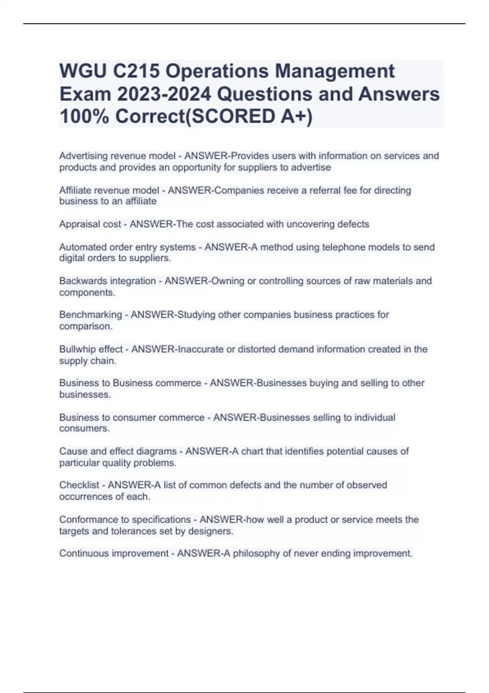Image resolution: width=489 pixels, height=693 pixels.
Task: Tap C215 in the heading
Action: click(x=136, y=71)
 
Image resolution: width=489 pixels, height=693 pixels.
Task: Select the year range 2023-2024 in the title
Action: click(x=164, y=94)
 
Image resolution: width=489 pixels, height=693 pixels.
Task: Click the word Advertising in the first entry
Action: click(x=83, y=156)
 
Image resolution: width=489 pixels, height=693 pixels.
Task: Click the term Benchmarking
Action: click(x=90, y=315)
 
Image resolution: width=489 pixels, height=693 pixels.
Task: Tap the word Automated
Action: click(x=81, y=247)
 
